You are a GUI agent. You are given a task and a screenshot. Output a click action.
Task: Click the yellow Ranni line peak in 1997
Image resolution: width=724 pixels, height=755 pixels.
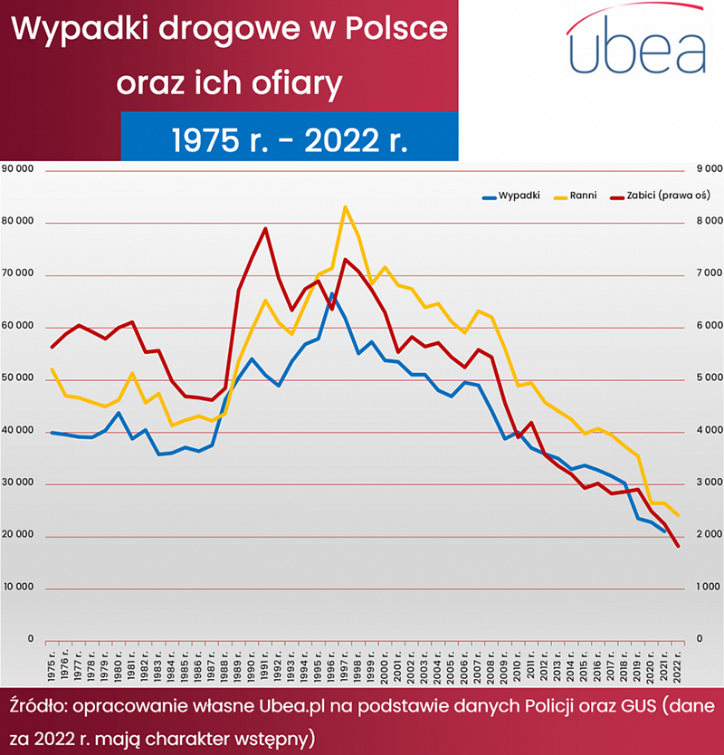click(345, 207)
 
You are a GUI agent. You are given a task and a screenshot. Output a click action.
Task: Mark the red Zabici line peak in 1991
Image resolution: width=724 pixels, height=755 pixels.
click(265, 228)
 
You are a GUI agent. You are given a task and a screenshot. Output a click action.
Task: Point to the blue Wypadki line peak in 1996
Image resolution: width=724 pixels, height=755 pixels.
click(332, 294)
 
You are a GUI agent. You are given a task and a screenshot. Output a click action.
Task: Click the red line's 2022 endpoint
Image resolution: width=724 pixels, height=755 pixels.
click(677, 546)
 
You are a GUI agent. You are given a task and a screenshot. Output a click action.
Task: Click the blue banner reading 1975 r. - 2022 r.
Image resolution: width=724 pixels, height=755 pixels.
click(290, 139)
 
